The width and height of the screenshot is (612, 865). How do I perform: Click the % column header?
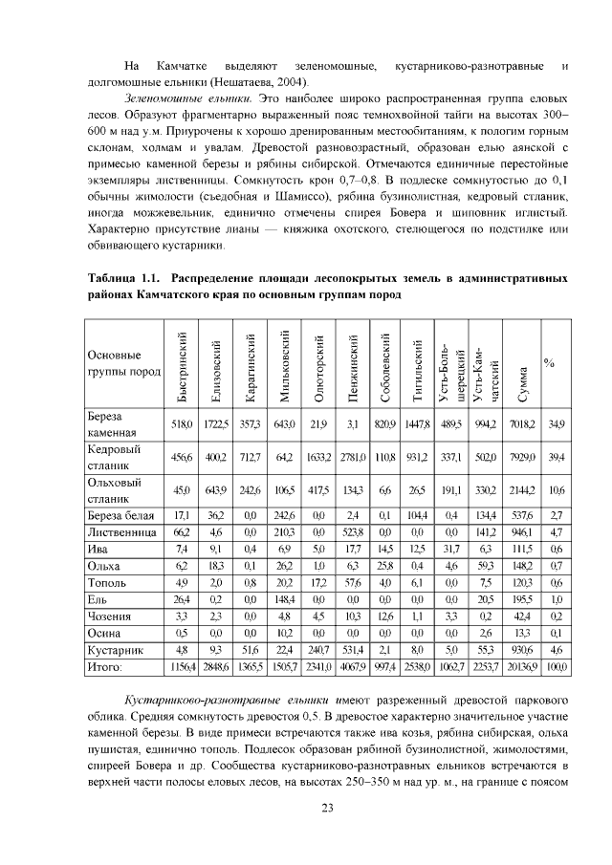coord(550,363)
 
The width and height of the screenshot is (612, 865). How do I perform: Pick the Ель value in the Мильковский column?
coord(284,599)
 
